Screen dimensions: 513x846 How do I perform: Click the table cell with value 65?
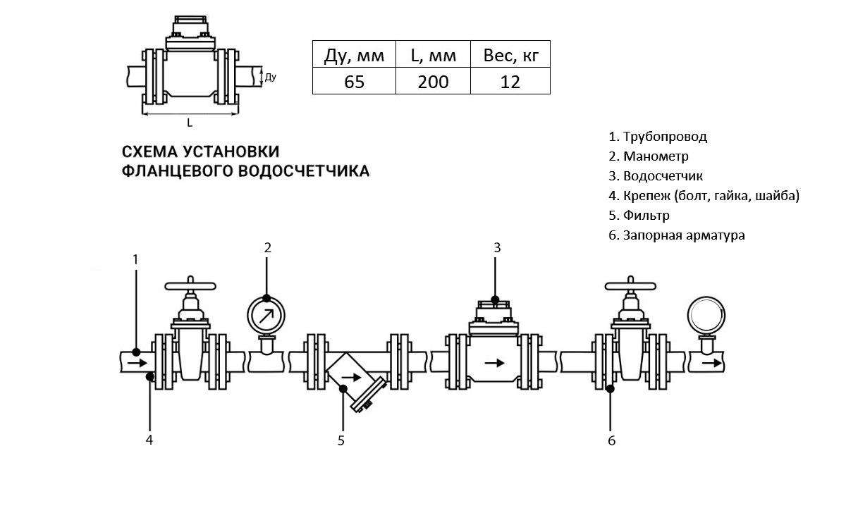pos(354,81)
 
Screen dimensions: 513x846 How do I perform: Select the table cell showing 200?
pos(433,81)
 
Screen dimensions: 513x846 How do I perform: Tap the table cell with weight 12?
pos(510,81)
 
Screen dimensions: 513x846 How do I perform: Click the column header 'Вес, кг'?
pos(510,55)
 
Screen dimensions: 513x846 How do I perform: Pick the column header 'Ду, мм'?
pos(354,55)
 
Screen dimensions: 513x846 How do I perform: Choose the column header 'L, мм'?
pos(433,55)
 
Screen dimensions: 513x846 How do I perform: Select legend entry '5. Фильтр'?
pos(639,216)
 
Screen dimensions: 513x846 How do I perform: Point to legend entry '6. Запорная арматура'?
pos(677,235)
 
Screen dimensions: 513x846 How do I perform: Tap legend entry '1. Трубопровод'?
pos(658,137)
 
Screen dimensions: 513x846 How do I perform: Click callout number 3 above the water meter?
pos(496,247)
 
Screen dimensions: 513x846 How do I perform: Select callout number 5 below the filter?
pos(341,441)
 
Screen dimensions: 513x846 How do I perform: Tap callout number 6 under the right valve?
pos(611,441)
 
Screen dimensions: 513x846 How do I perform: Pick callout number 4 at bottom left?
pos(149,440)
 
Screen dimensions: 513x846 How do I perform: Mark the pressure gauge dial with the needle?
pos(266,314)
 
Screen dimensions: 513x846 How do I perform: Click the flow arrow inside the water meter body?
pos(496,362)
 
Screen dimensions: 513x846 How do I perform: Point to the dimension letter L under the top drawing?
pos(190,123)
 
